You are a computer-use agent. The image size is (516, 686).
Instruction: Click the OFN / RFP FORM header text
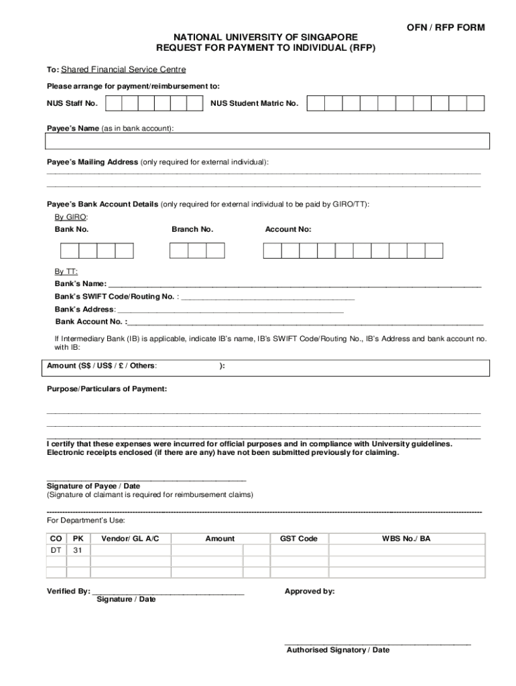coord(446,27)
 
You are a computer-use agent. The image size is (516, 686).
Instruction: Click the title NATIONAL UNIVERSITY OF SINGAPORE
coord(266,38)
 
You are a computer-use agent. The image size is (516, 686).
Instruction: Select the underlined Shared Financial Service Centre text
coord(123,70)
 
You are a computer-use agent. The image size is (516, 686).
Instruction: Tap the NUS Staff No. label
coord(72,103)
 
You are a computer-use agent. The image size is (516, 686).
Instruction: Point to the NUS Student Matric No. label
coord(254,103)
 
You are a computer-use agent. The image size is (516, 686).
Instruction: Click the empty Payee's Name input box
coord(267,141)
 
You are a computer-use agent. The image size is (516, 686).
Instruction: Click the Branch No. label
coord(192,229)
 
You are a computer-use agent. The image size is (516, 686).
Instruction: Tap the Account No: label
coord(288,229)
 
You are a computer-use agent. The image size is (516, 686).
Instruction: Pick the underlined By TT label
coord(66,271)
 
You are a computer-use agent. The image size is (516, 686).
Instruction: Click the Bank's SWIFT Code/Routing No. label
coord(115,296)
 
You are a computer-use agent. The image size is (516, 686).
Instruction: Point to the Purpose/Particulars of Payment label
coord(107,389)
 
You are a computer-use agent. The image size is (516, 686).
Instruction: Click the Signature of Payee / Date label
coord(93,486)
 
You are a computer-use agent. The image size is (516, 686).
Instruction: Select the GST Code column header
coord(298,539)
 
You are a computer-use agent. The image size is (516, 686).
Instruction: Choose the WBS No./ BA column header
coord(406,539)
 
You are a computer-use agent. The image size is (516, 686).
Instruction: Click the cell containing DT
coord(56,550)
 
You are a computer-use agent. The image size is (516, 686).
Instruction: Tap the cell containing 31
coord(78,550)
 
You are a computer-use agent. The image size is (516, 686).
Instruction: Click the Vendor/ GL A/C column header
coord(130,539)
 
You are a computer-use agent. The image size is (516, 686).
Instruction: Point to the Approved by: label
coord(310,592)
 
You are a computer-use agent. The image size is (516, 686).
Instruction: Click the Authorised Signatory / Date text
coord(338,650)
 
